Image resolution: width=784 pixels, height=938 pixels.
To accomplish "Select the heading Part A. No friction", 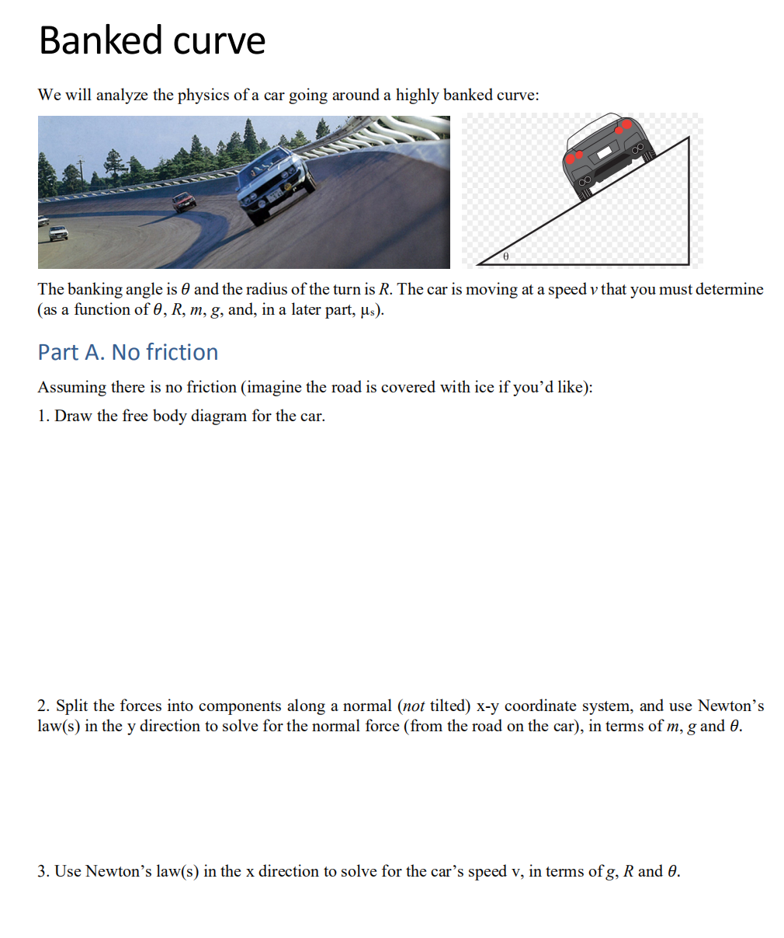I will [128, 352].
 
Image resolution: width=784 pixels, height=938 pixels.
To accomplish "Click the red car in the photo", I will [184, 203].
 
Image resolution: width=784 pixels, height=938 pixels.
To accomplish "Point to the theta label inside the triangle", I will [506, 255].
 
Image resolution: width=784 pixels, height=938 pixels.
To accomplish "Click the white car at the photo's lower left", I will [57, 232].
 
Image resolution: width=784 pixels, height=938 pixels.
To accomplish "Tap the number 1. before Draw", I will [43, 416].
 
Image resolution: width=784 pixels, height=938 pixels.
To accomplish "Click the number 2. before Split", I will [43, 706].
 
